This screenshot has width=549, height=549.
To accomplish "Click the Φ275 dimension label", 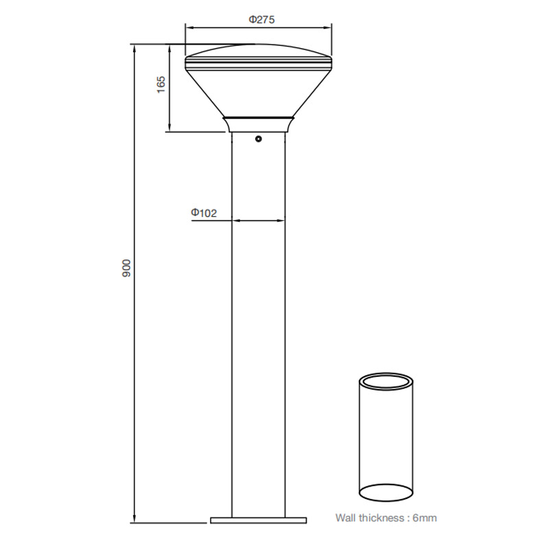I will [x=261, y=20].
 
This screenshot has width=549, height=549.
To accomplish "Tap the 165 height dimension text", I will [x=161, y=84].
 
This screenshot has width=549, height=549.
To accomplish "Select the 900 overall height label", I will [x=126, y=269].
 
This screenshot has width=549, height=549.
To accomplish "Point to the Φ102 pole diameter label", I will [x=204, y=213].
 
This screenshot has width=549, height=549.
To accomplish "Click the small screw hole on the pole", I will [x=258, y=139].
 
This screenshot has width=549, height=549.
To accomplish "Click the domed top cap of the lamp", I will [x=258, y=52].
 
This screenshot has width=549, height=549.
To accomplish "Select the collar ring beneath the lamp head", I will [x=258, y=124].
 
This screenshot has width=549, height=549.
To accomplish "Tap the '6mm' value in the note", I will [x=424, y=518].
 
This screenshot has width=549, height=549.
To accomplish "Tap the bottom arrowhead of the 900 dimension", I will [x=135, y=518].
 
